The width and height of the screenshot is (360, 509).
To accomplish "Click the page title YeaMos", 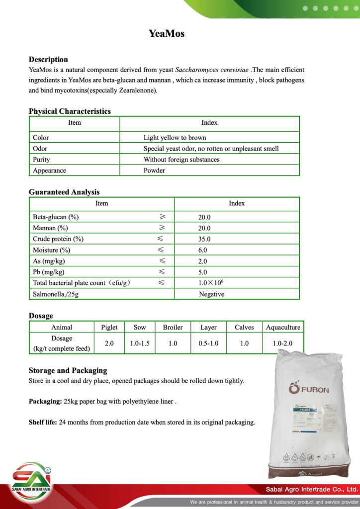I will tap(167, 34).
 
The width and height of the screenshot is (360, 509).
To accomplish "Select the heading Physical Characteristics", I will tap(70, 111).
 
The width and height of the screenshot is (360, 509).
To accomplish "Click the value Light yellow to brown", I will tap(175, 138).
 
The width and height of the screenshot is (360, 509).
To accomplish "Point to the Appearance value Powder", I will tap(154, 170).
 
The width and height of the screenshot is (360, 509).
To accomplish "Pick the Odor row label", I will tap(40, 149).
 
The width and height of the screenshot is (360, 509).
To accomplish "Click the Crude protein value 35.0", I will tap(204, 239).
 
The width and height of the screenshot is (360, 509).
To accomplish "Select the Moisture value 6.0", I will tap(202, 250).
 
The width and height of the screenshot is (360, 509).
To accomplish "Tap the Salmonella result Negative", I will tap(211, 294).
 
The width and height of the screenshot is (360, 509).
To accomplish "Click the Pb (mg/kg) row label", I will tap(49, 272).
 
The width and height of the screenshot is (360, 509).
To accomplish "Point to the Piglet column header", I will tap(109, 327).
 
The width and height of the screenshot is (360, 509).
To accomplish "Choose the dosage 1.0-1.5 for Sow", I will tap(140, 343).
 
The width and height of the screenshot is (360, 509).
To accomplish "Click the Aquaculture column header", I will tap(283, 327).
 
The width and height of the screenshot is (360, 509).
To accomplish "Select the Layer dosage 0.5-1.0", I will tap(208, 343).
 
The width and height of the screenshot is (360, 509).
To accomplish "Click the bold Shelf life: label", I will tap(43, 423).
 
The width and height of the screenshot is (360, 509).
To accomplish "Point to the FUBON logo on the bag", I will tap(308, 389).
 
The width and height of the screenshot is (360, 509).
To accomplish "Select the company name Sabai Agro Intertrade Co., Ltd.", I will tap(312, 489).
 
